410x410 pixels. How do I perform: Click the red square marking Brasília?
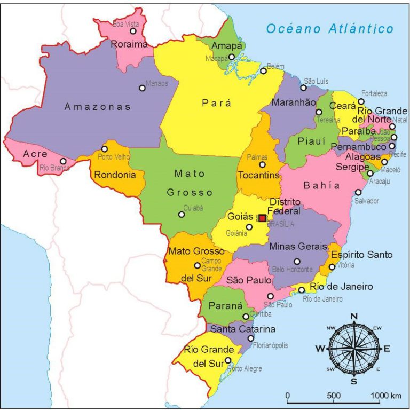[x=262, y=218]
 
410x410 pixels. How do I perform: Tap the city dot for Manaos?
[x=142, y=88]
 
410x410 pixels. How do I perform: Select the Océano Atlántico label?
[x=330, y=29]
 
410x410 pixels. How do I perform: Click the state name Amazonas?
[x=98, y=107]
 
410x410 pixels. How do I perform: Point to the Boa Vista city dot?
[x=133, y=31]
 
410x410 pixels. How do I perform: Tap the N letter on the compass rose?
[x=353, y=317]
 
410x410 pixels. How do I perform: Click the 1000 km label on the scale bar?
[x=388, y=396]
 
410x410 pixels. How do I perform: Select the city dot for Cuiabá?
[x=182, y=214]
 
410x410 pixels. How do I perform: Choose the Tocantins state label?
[x=258, y=175]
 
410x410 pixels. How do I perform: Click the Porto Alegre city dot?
[x=228, y=360]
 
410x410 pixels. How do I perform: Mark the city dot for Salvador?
[x=358, y=192]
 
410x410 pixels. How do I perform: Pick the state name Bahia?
[x=321, y=185]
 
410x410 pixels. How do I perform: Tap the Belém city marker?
[x=263, y=71]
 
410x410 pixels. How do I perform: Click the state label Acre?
[x=35, y=154]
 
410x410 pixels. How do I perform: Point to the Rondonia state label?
[x=115, y=175]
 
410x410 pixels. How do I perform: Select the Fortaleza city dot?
[x=361, y=101]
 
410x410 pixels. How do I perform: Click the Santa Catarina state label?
[x=242, y=329]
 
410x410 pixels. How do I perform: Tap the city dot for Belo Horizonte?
[x=297, y=262]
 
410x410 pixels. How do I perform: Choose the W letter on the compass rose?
[x=320, y=349]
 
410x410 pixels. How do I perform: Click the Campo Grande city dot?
[x=197, y=265]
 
